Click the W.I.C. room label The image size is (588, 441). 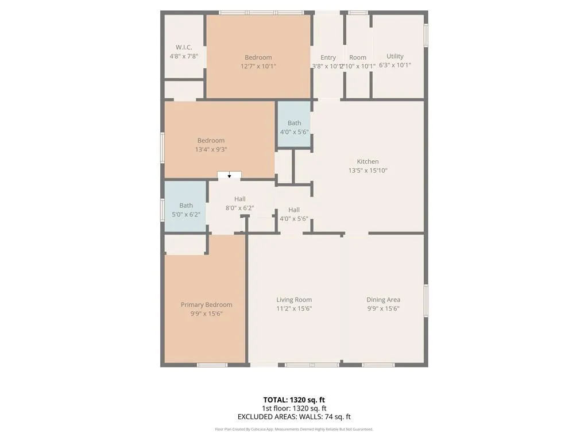(x=184, y=47)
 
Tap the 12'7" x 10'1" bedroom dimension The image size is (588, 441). (x=258, y=66)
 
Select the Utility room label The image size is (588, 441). (x=395, y=56)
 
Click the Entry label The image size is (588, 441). (x=328, y=57)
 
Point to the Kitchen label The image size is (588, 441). (x=367, y=161)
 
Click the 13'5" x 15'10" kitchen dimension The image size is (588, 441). (x=367, y=171)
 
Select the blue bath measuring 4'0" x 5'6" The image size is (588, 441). (x=295, y=125)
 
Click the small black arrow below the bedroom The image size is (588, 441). (x=229, y=176)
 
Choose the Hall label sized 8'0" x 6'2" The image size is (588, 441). (x=240, y=199)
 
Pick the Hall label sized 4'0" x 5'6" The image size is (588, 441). (x=294, y=210)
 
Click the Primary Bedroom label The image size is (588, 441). (x=206, y=305)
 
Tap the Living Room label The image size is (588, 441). (x=294, y=300)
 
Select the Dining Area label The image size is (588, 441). (x=384, y=300)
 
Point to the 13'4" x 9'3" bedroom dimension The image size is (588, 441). (x=211, y=149)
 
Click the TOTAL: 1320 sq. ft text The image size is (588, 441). (x=294, y=400)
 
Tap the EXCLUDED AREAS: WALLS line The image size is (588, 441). (x=294, y=417)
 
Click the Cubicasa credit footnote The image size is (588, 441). (x=294, y=429)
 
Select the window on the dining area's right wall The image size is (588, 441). (x=426, y=300)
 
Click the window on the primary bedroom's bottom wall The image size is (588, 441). (x=212, y=365)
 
